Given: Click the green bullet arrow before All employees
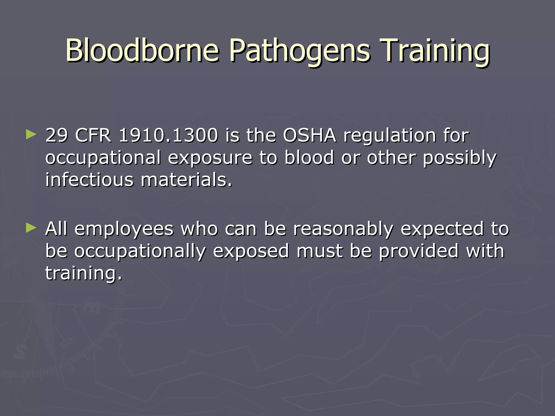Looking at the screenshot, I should pyautogui.click(x=31, y=228).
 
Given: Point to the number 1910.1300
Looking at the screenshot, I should pyautogui.click(x=168, y=135).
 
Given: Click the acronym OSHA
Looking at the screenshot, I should pyautogui.click(x=309, y=135).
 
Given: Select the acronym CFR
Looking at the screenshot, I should pyautogui.click(x=93, y=135).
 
